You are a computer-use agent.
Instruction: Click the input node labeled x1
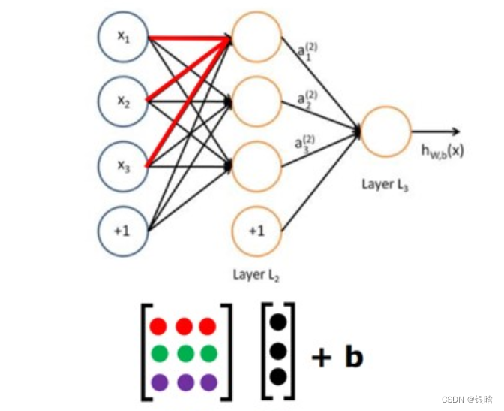coord(124,38)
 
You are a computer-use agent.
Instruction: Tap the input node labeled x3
coord(124,165)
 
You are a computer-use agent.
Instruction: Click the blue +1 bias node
coord(124,229)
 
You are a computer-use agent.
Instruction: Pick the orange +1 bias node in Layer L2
coord(256,229)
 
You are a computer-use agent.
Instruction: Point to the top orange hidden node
coord(256,38)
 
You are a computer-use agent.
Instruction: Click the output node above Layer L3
coord(385,132)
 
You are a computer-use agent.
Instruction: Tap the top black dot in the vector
coord(278,322)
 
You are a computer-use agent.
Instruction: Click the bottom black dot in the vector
coord(278,376)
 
